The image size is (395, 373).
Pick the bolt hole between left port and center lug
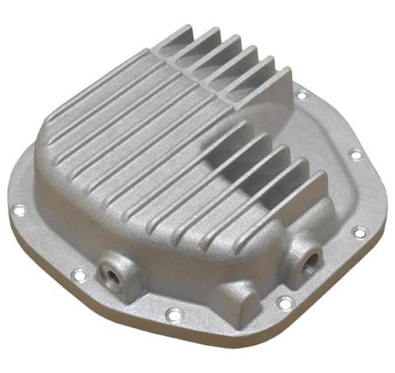click(x=169, y=315)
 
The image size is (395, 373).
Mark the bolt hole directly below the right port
click(x=284, y=301)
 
